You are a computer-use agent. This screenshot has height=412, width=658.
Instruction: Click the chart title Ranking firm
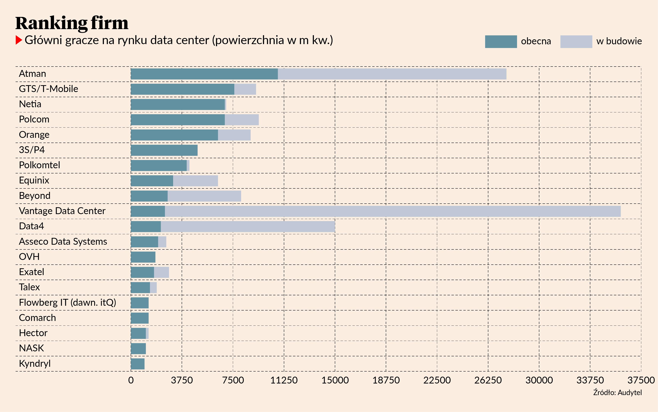click(72, 23)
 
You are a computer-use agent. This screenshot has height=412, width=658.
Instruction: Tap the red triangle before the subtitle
click(18, 40)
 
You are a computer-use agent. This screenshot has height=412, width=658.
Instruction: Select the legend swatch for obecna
click(501, 42)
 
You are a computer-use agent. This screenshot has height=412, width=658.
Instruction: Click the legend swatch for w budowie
click(576, 42)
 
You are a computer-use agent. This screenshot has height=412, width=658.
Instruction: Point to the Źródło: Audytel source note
click(617, 393)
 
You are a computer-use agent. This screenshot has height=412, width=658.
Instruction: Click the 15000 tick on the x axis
click(335, 380)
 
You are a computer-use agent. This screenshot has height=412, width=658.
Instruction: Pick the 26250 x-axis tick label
click(488, 380)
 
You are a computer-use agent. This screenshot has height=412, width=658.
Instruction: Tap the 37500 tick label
click(641, 380)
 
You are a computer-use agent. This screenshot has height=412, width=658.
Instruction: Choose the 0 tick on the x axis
click(131, 380)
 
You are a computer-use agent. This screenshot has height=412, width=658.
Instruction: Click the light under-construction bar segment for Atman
click(392, 74)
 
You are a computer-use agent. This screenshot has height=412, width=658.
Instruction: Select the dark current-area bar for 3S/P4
click(164, 150)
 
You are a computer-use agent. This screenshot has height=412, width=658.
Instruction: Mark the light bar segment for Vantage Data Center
click(392, 211)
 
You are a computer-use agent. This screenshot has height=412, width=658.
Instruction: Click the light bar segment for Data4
click(248, 227)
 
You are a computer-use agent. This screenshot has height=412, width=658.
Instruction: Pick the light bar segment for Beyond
click(204, 196)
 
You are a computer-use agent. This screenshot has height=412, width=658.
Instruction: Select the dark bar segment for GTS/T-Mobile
click(182, 89)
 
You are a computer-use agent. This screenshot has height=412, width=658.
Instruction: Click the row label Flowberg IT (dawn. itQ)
click(67, 302)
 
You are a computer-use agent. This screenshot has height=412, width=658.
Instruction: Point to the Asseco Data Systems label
click(63, 241)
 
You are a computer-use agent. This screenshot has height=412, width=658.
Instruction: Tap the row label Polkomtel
click(40, 165)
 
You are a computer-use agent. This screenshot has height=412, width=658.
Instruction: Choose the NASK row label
click(31, 348)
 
